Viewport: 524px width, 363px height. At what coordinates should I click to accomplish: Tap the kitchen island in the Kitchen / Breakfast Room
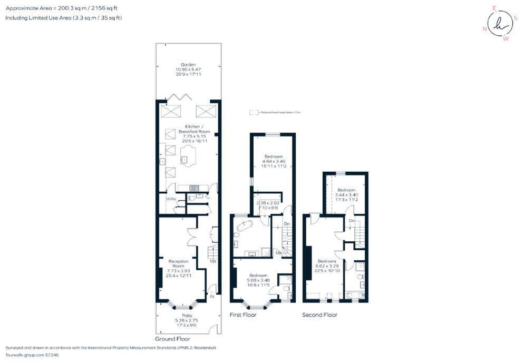188,156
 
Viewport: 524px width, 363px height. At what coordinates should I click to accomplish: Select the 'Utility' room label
171,199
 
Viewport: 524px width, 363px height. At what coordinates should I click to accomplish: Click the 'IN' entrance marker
211,297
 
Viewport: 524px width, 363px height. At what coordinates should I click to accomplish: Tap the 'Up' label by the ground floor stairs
212,261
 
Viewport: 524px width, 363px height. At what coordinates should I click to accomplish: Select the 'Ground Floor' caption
172,339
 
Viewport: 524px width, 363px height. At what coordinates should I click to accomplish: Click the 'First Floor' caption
243,315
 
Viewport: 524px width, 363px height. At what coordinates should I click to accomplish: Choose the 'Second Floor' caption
319,315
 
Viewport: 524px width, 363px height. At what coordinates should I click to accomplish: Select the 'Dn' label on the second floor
351,220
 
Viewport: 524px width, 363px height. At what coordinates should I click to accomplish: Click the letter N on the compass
484,29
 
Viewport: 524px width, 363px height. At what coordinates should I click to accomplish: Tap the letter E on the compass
494,8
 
